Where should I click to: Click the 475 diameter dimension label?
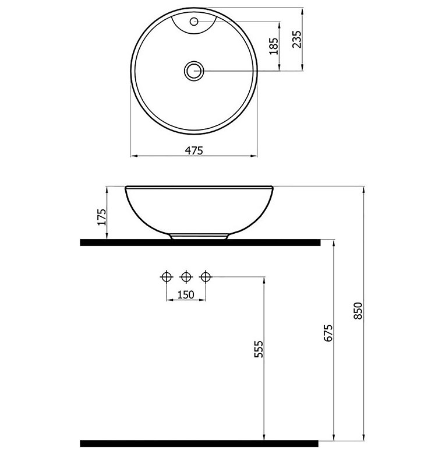194,150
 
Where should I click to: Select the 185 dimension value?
274,46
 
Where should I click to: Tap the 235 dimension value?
297,39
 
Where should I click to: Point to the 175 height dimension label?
102,217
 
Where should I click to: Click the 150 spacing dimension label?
186,294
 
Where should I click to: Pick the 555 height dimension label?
259,349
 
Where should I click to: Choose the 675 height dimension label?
328,333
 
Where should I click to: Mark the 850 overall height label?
358,311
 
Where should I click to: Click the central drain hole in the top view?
194,71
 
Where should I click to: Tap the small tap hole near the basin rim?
194,21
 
